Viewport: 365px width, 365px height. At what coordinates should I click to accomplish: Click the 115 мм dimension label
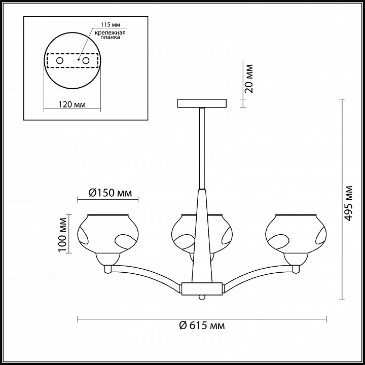[x=111, y=25]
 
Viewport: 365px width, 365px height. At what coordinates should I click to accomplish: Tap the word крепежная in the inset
[x=111, y=32]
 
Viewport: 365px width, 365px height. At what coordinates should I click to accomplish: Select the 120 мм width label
[x=72, y=104]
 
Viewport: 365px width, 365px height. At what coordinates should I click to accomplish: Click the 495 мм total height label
[x=349, y=203]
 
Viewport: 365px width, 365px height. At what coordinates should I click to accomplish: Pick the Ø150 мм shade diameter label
[x=111, y=193]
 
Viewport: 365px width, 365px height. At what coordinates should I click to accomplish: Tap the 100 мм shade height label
[x=62, y=234]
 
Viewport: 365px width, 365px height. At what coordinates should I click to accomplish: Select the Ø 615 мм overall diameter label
[x=202, y=325]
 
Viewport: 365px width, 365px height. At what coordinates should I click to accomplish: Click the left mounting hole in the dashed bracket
[x=60, y=61]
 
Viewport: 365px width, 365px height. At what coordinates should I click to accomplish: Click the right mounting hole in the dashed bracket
[x=86, y=61]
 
